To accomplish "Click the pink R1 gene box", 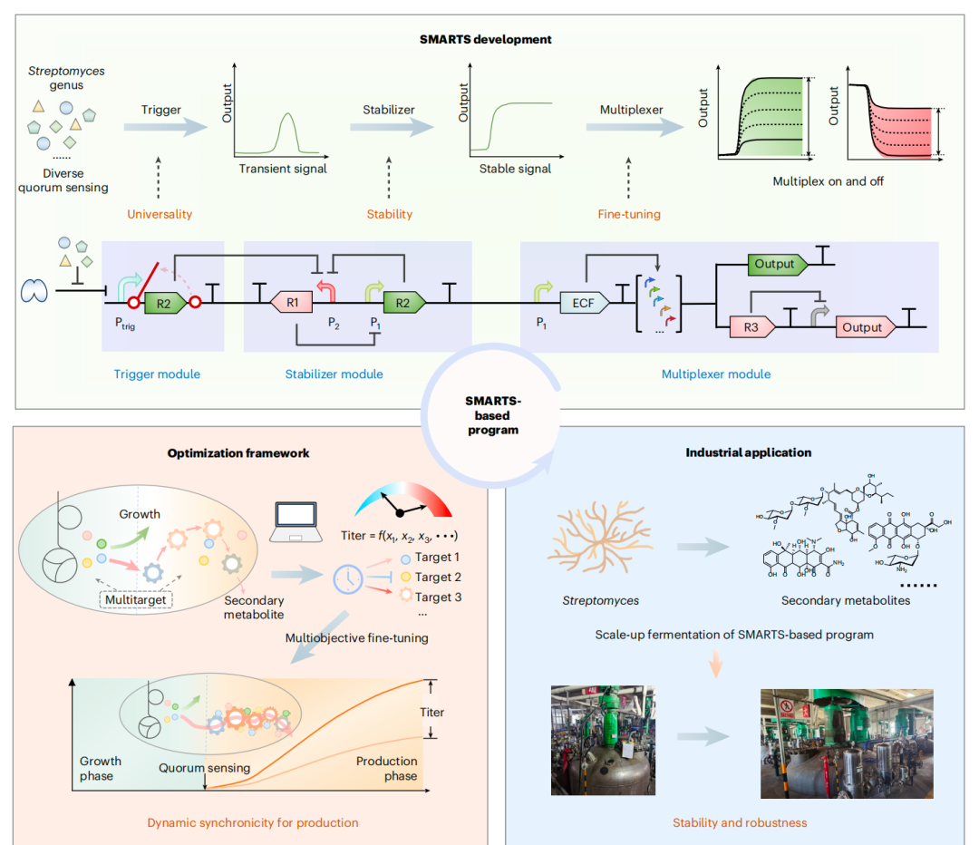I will [294, 303].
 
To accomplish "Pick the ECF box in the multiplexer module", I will [583, 303].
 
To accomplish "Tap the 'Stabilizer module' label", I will [335, 374].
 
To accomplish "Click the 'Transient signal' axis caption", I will [282, 169].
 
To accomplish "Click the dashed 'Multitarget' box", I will [136, 598].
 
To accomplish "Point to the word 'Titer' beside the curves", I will [431, 713].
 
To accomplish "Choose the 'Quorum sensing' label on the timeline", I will [205, 768].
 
